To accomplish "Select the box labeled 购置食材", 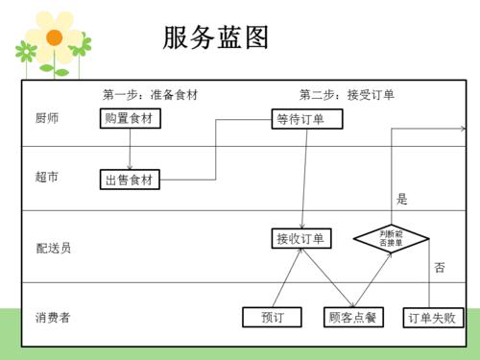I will tap(131, 118).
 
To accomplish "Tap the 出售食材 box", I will tap(131, 179).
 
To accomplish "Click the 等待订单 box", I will tap(300, 119).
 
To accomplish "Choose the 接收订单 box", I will tap(300, 238).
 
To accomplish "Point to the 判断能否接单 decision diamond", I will tap(391, 237).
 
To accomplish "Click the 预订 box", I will tap(272, 317).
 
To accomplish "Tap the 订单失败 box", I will tap(432, 317).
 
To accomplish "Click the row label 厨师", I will tap(47, 118).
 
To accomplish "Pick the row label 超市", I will tap(47, 178).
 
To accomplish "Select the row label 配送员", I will tap(53, 248).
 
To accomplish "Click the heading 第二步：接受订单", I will tap(346, 95).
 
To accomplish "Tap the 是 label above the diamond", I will tap(402, 200).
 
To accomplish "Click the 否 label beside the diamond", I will tap(439, 267).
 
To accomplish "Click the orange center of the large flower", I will tap(55, 37).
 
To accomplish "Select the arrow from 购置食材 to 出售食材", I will tap(131, 149).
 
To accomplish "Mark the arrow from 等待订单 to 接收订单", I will tap(303, 179).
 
